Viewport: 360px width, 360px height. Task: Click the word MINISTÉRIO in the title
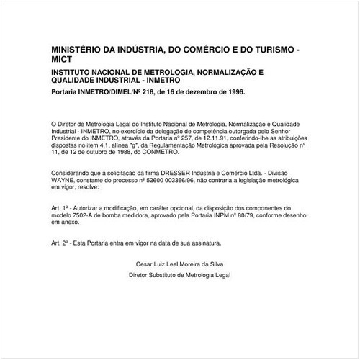[74, 53]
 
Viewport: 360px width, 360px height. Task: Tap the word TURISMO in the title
[269, 53]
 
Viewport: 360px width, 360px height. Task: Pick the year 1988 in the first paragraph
[115, 151]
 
